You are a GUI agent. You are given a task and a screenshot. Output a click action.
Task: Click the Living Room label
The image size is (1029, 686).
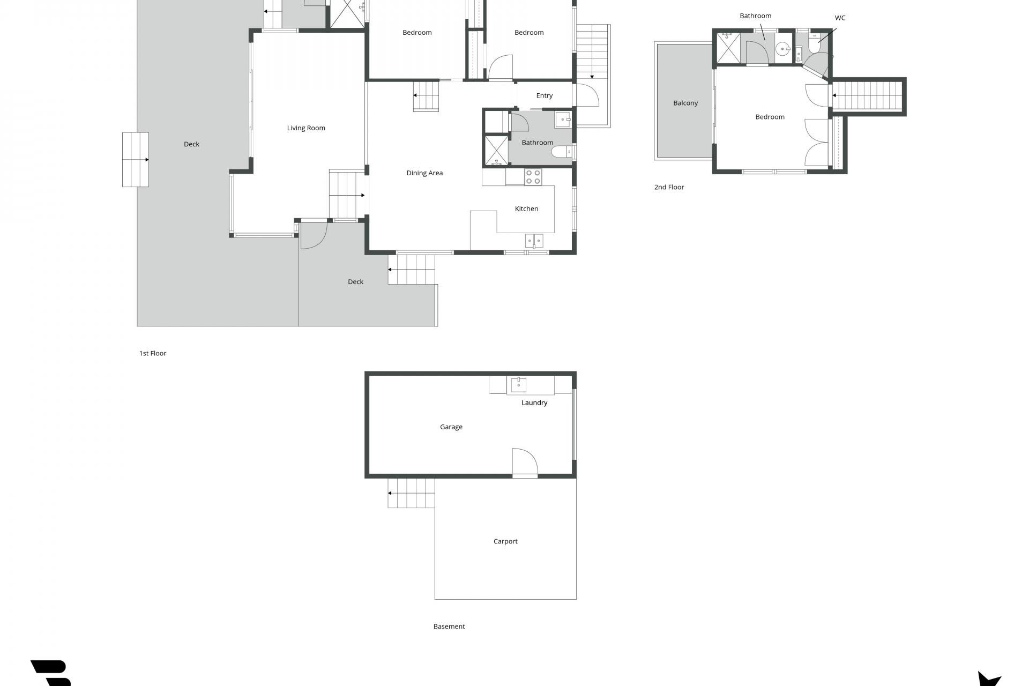[306, 128]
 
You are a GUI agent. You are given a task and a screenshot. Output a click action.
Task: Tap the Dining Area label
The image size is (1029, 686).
[424, 173]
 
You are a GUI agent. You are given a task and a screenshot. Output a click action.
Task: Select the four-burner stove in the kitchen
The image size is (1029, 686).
[533, 177]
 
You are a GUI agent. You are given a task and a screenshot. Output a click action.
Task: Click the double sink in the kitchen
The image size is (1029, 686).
[534, 241]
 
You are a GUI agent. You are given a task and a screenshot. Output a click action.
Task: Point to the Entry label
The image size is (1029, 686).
[545, 96]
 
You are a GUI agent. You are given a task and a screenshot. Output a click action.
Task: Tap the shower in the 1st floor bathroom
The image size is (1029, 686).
[496, 150]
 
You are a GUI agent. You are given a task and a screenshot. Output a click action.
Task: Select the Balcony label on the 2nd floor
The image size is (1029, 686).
[685, 103]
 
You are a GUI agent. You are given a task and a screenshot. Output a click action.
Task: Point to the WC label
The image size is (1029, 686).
[840, 18]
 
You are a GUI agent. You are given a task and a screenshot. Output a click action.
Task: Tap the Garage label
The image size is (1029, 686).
[451, 427]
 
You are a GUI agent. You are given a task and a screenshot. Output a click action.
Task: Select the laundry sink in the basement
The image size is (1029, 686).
[518, 385]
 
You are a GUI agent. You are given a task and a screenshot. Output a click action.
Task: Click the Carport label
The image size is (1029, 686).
[505, 542]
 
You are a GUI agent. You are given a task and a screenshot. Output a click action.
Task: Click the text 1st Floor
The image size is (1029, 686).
[153, 354]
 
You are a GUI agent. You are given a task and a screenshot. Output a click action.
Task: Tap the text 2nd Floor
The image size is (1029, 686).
[669, 188]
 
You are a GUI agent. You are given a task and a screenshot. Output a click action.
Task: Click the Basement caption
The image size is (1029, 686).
[449, 627]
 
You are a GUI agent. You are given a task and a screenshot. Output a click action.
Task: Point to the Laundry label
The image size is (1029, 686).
[534, 403]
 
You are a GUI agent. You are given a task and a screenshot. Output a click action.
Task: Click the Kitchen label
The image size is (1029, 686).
[526, 209]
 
